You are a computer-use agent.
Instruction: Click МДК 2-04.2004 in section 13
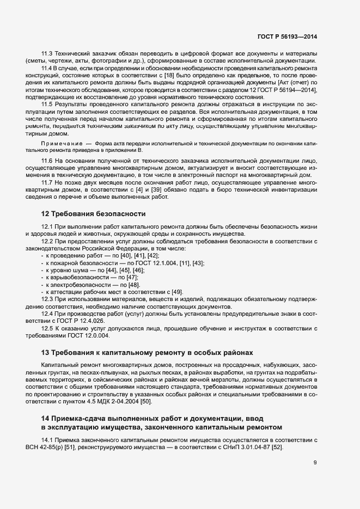[115, 401]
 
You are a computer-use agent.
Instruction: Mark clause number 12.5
[47, 328]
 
